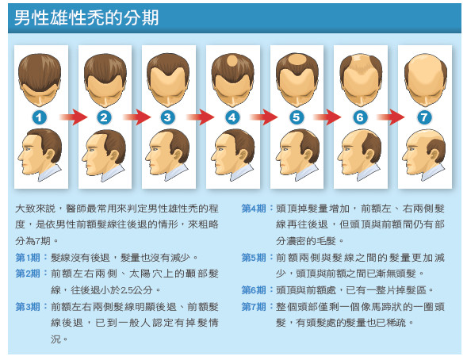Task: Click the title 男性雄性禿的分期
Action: pyautogui.click(x=86, y=17)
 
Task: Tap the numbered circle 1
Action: pyautogui.click(x=40, y=117)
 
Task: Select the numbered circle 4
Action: pyautogui.click(x=232, y=117)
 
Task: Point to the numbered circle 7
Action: pyautogui.click(x=424, y=117)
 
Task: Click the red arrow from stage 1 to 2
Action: pyautogui.click(x=73, y=117)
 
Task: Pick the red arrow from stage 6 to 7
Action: pyautogui.click(x=390, y=117)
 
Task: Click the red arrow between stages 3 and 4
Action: pyautogui.click(x=200, y=117)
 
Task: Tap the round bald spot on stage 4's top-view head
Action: pyautogui.click(x=232, y=61)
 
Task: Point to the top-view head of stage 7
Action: pyautogui.click(x=425, y=80)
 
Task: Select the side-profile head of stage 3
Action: pyautogui.click(x=167, y=155)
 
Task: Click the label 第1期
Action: pyautogui.click(x=28, y=257)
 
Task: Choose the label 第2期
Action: pyautogui.click(x=28, y=274)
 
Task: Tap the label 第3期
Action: pyautogui.click(x=28, y=306)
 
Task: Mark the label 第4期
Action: pyautogui.click(x=254, y=208)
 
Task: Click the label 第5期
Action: pyautogui.click(x=254, y=257)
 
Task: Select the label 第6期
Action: pyautogui.click(x=254, y=289)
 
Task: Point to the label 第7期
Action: pyautogui.click(x=254, y=306)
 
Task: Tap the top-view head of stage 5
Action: pyautogui.click(x=297, y=80)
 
